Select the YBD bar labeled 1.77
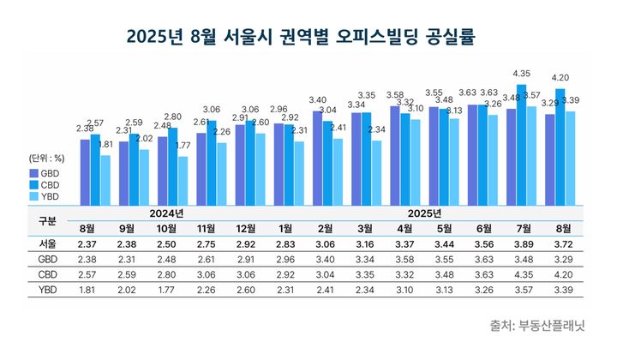183,181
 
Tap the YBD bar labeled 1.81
105,180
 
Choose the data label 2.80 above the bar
172,117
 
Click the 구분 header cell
48,220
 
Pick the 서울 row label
48,243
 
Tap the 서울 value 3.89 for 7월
522,243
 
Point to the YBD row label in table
48,289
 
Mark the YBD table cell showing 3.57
522,289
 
